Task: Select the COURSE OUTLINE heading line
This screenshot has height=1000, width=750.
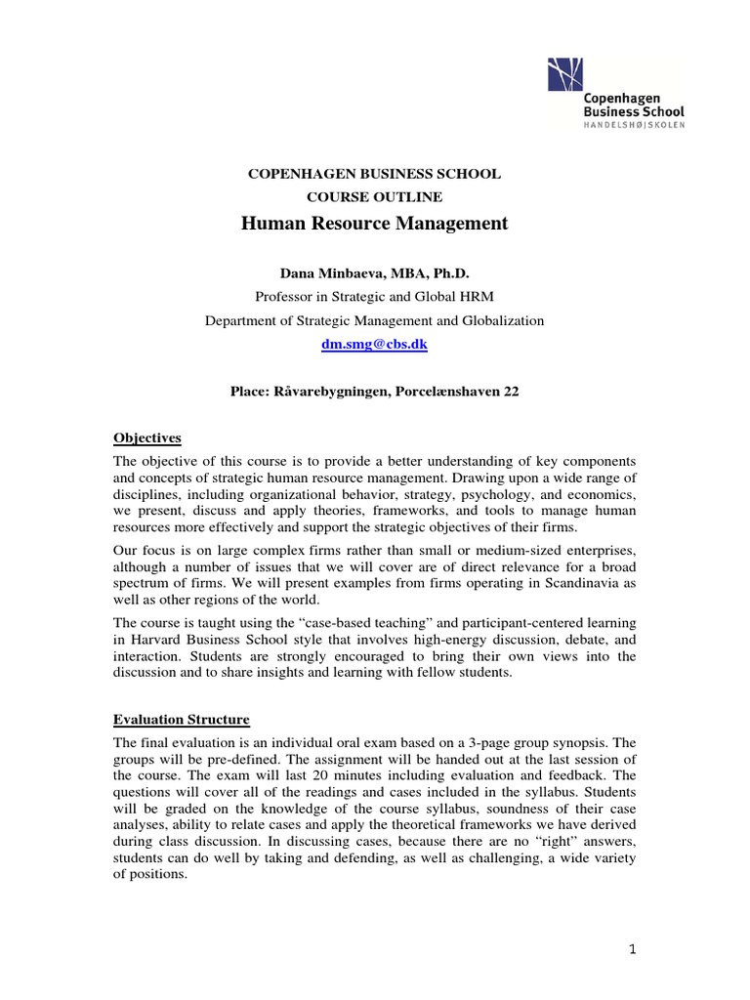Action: (374, 197)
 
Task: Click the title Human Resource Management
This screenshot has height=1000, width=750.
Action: (374, 224)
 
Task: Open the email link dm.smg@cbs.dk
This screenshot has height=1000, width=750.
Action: (374, 345)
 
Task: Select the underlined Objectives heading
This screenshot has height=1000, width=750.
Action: (147, 438)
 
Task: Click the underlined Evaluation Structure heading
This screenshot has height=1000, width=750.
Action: (182, 720)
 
